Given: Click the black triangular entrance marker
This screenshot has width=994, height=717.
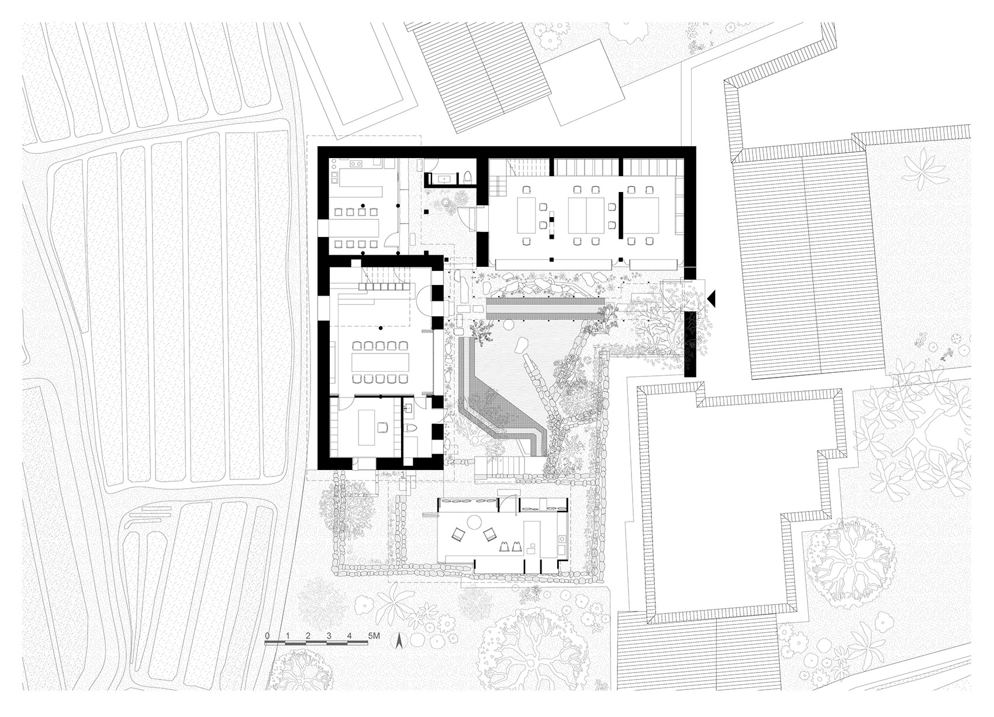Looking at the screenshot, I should (711, 299).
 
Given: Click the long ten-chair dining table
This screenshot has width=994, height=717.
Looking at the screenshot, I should (380, 361).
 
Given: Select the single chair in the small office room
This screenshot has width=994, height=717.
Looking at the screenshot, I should (383, 428).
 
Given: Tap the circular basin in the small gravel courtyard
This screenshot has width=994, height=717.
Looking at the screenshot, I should (447, 203).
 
